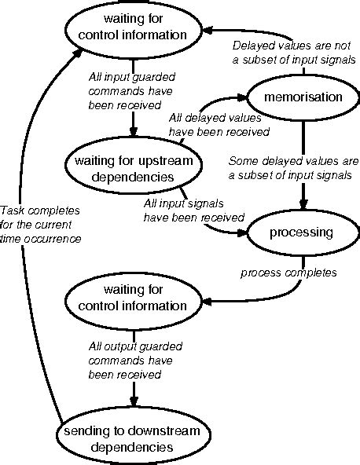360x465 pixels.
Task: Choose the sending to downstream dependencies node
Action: (126, 439)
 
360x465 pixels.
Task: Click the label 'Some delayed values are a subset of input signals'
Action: (293, 168)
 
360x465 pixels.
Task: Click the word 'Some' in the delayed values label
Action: (242, 161)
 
